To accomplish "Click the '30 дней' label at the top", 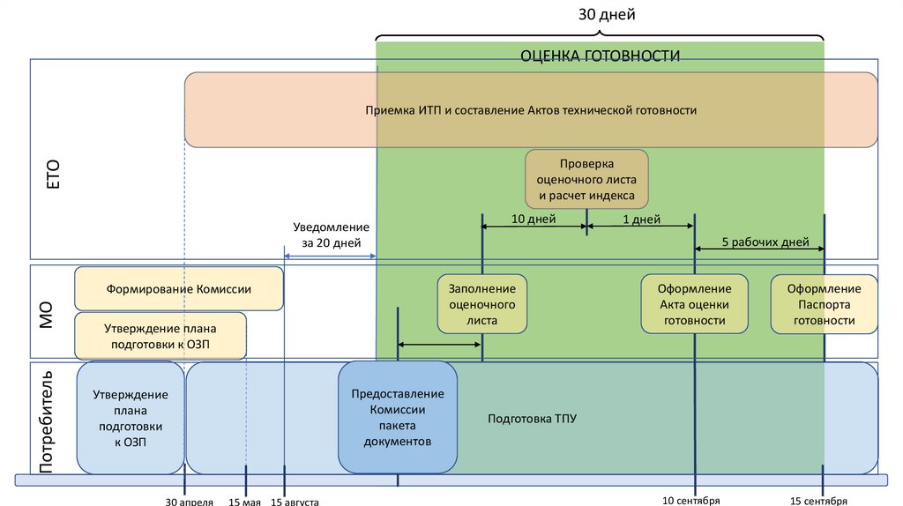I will click(607, 14).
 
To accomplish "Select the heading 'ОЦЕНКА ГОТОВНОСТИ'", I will click(600, 56).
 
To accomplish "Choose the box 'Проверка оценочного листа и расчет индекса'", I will click(586, 180).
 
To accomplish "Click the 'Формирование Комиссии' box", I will click(179, 288).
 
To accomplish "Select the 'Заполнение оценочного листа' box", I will click(482, 304).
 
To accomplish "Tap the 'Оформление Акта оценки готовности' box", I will click(695, 304).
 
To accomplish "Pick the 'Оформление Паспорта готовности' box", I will click(824, 304).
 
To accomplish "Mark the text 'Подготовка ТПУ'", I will click(532, 418).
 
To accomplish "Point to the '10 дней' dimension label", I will click(534, 220).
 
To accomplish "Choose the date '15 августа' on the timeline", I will click(295, 502).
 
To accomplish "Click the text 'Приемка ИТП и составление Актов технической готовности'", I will click(531, 110).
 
